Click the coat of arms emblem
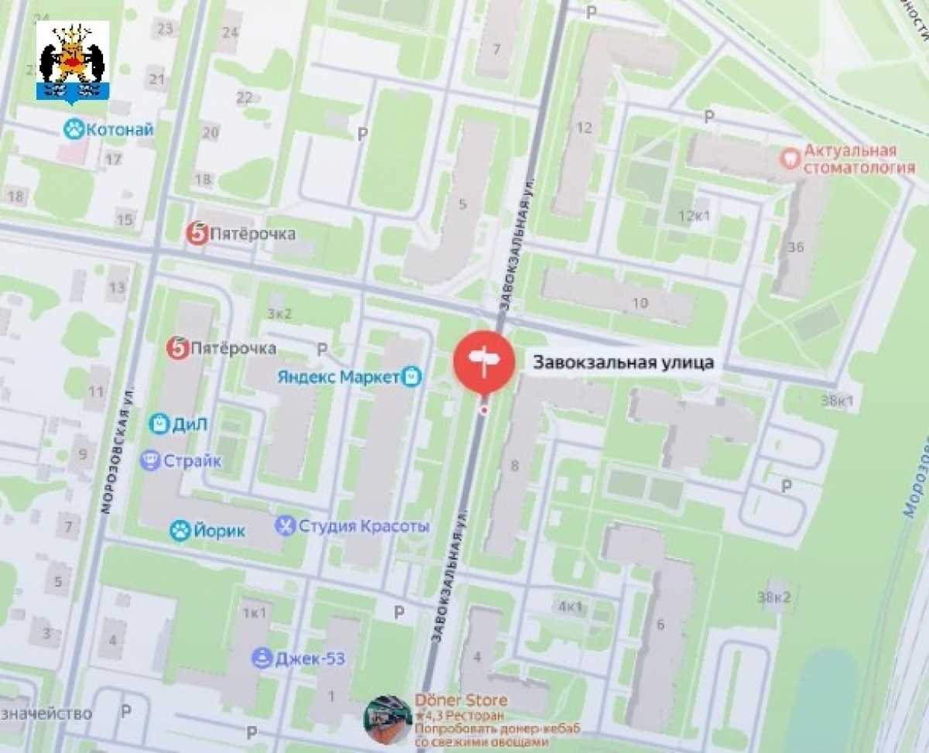point(73,63)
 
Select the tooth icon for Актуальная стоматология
point(790,158)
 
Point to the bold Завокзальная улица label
point(622,361)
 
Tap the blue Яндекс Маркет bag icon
point(412,377)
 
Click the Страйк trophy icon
point(150,461)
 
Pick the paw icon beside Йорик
point(180,530)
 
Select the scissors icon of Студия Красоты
point(286,526)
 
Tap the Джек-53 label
point(309,659)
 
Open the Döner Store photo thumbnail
point(388,720)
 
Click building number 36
point(796,247)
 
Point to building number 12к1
point(694,215)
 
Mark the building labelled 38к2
point(774,597)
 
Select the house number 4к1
point(570,606)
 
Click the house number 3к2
point(279,313)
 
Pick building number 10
point(639,303)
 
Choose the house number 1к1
point(255,613)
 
